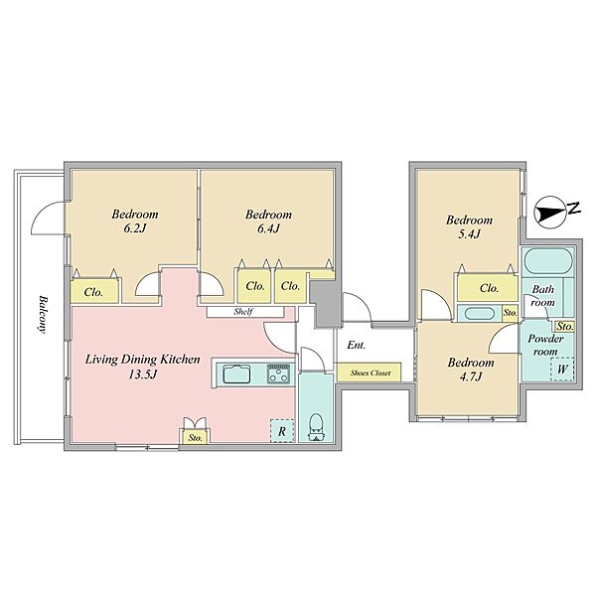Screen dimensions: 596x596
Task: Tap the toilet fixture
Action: pos(316,426)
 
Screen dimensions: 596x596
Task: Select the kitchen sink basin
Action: pos(236,373)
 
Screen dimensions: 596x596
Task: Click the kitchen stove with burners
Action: pos(279,373)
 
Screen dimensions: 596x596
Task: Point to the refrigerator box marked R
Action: pos(282,431)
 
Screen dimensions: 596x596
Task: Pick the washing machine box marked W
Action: pos(562,369)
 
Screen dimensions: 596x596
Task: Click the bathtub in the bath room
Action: pos(548,261)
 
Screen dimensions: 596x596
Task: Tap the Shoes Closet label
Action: pos(371,372)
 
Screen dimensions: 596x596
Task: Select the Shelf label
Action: pos(243,312)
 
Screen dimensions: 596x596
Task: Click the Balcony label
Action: pos(42,314)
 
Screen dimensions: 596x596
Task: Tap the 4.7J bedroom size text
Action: pos(470,376)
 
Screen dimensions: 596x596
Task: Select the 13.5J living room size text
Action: pos(142,374)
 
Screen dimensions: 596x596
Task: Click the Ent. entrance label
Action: pos(357,345)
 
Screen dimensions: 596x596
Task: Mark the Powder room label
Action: pos(545,345)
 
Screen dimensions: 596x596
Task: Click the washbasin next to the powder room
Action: pos(480,314)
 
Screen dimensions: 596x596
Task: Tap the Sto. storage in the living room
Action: pos(196,437)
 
